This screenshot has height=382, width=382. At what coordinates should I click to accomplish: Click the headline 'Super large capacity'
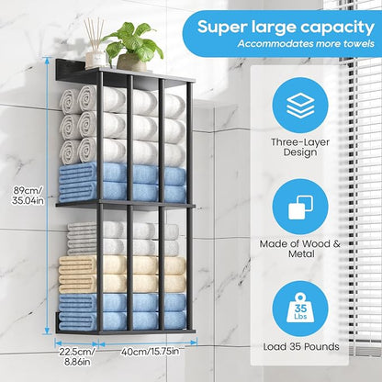(286, 27)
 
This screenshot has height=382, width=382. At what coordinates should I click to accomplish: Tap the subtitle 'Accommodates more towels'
(306, 43)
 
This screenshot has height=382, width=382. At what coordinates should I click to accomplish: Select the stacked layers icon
(300, 106)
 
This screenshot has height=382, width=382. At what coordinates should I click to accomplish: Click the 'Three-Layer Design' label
(300, 147)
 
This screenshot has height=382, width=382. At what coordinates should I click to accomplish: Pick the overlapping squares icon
(300, 208)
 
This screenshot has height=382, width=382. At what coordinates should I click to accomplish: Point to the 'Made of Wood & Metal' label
(300, 249)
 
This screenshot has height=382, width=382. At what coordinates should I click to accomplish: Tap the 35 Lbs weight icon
(300, 308)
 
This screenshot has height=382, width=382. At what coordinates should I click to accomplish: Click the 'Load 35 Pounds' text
(301, 347)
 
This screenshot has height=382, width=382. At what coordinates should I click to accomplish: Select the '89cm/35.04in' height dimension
(28, 196)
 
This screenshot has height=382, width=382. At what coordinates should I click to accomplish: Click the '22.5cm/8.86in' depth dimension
(77, 357)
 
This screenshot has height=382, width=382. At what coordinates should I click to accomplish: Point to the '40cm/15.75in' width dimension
(150, 352)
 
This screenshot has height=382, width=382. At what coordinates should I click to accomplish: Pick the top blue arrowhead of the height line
(47, 61)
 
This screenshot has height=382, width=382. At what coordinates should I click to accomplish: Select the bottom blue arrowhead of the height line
(47, 331)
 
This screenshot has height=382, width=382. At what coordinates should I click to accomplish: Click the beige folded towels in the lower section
(122, 274)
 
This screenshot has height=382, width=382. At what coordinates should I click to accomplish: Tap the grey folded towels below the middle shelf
(123, 239)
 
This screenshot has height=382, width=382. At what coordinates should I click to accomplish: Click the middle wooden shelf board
(126, 206)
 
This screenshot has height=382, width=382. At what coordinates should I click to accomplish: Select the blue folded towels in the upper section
(122, 183)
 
